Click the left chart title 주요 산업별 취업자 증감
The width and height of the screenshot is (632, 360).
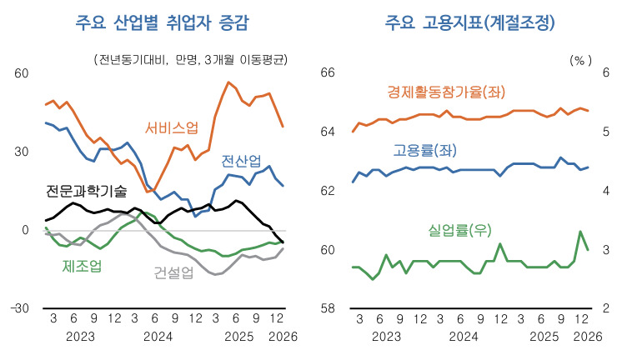click(x=163, y=22)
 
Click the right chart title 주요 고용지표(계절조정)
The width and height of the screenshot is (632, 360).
click(x=470, y=22)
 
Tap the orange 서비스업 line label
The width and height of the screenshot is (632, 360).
click(x=172, y=128)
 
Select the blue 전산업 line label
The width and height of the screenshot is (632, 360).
click(x=241, y=161)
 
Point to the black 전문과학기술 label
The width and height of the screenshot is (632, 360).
click(x=86, y=191)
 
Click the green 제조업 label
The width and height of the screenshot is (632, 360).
click(x=82, y=266)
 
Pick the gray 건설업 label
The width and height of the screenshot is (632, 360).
click(x=173, y=272)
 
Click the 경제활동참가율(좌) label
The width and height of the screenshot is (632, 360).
click(x=446, y=92)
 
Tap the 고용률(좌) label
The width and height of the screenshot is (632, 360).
click(x=425, y=151)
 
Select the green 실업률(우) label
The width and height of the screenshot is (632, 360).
click(x=460, y=230)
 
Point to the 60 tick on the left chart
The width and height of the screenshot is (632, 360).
click(x=22, y=73)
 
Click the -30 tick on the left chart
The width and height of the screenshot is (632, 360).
click(x=20, y=308)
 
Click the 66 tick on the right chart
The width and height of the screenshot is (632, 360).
click(x=328, y=72)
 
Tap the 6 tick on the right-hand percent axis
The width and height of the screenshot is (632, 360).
click(x=606, y=72)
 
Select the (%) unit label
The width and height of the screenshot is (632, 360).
click(x=580, y=61)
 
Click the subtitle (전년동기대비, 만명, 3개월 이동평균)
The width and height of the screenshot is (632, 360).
click(x=191, y=60)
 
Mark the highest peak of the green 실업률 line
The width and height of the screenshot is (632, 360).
click(x=580, y=231)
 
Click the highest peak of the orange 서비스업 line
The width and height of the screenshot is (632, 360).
click(x=228, y=82)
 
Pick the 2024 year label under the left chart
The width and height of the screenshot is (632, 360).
click(x=158, y=337)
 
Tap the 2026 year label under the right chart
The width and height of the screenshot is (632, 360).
click(x=588, y=337)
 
